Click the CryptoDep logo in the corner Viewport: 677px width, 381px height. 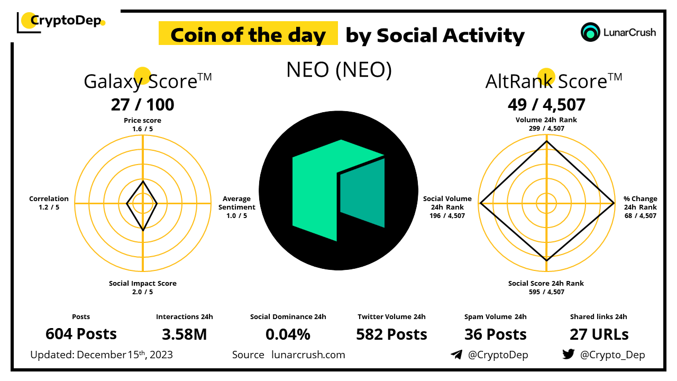[61, 22]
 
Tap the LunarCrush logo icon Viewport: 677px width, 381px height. [590, 32]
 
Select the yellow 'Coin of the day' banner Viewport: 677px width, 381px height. [248, 33]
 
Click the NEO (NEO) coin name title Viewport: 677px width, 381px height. [339, 70]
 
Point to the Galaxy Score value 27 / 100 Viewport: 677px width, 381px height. [143, 105]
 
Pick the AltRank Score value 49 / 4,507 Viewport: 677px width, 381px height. [546, 105]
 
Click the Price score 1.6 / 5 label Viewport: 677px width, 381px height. [143, 124]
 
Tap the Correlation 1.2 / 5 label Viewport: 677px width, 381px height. [49, 203]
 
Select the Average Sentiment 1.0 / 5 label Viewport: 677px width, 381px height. [237, 207]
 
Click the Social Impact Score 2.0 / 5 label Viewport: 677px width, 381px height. [143, 287]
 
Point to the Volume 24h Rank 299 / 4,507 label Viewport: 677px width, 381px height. [546, 124]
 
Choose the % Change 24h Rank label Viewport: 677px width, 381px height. [641, 207]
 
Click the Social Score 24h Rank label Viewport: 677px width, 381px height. [546, 287]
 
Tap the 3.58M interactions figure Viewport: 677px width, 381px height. [185, 334]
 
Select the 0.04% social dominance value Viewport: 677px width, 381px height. [288, 334]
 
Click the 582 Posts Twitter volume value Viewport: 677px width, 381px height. [392, 334]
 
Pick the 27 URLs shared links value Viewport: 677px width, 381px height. [599, 334]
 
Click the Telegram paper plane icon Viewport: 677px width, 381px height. [456, 355]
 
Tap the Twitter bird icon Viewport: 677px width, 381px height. [569, 354]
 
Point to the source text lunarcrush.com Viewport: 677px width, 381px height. [308, 355]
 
